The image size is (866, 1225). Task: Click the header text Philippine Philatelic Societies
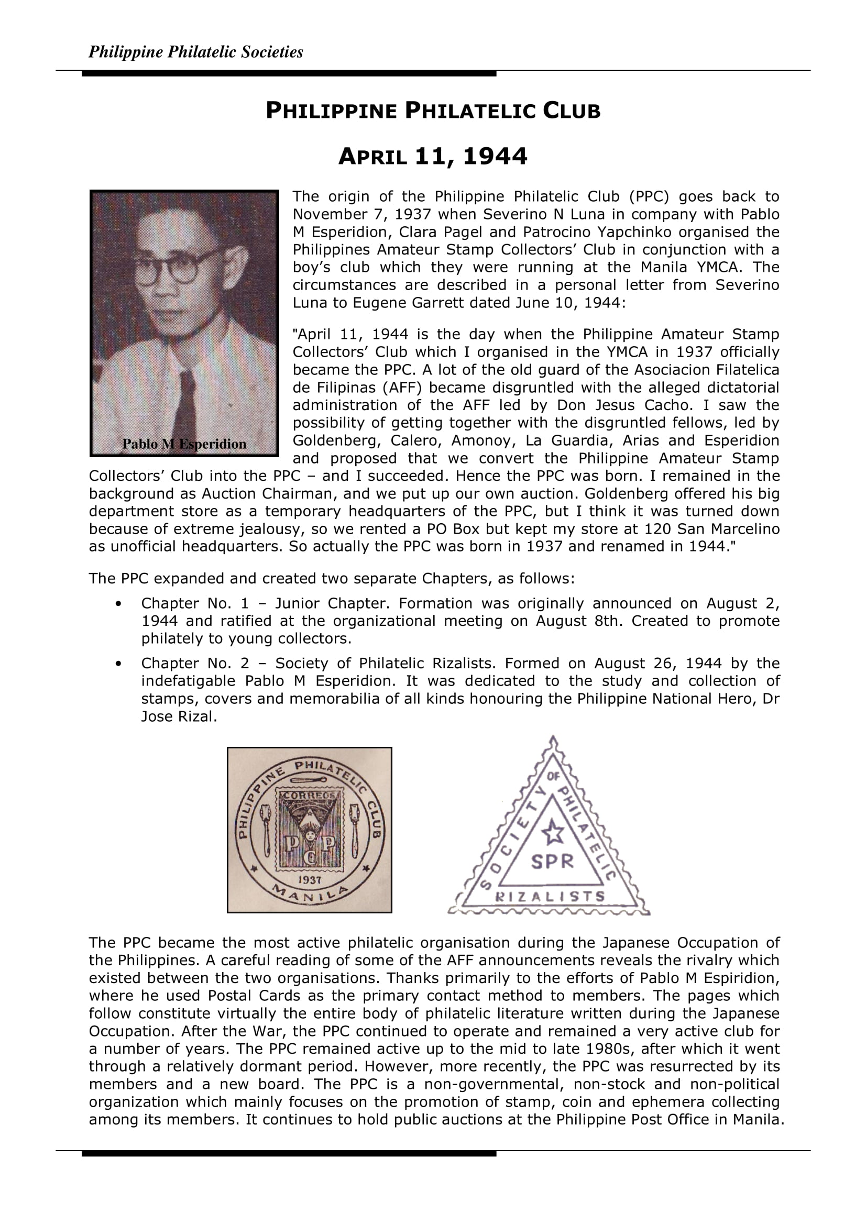tap(195, 52)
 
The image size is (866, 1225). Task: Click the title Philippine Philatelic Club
tap(433, 111)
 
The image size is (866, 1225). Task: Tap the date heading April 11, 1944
tap(433, 156)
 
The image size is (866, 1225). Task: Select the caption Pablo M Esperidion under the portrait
tap(184, 444)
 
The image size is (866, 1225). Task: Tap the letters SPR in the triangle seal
tap(552, 861)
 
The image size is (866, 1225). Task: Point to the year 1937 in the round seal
tap(310, 880)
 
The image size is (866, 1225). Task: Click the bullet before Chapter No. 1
tap(118, 604)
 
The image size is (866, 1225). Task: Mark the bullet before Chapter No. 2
tap(118, 664)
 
